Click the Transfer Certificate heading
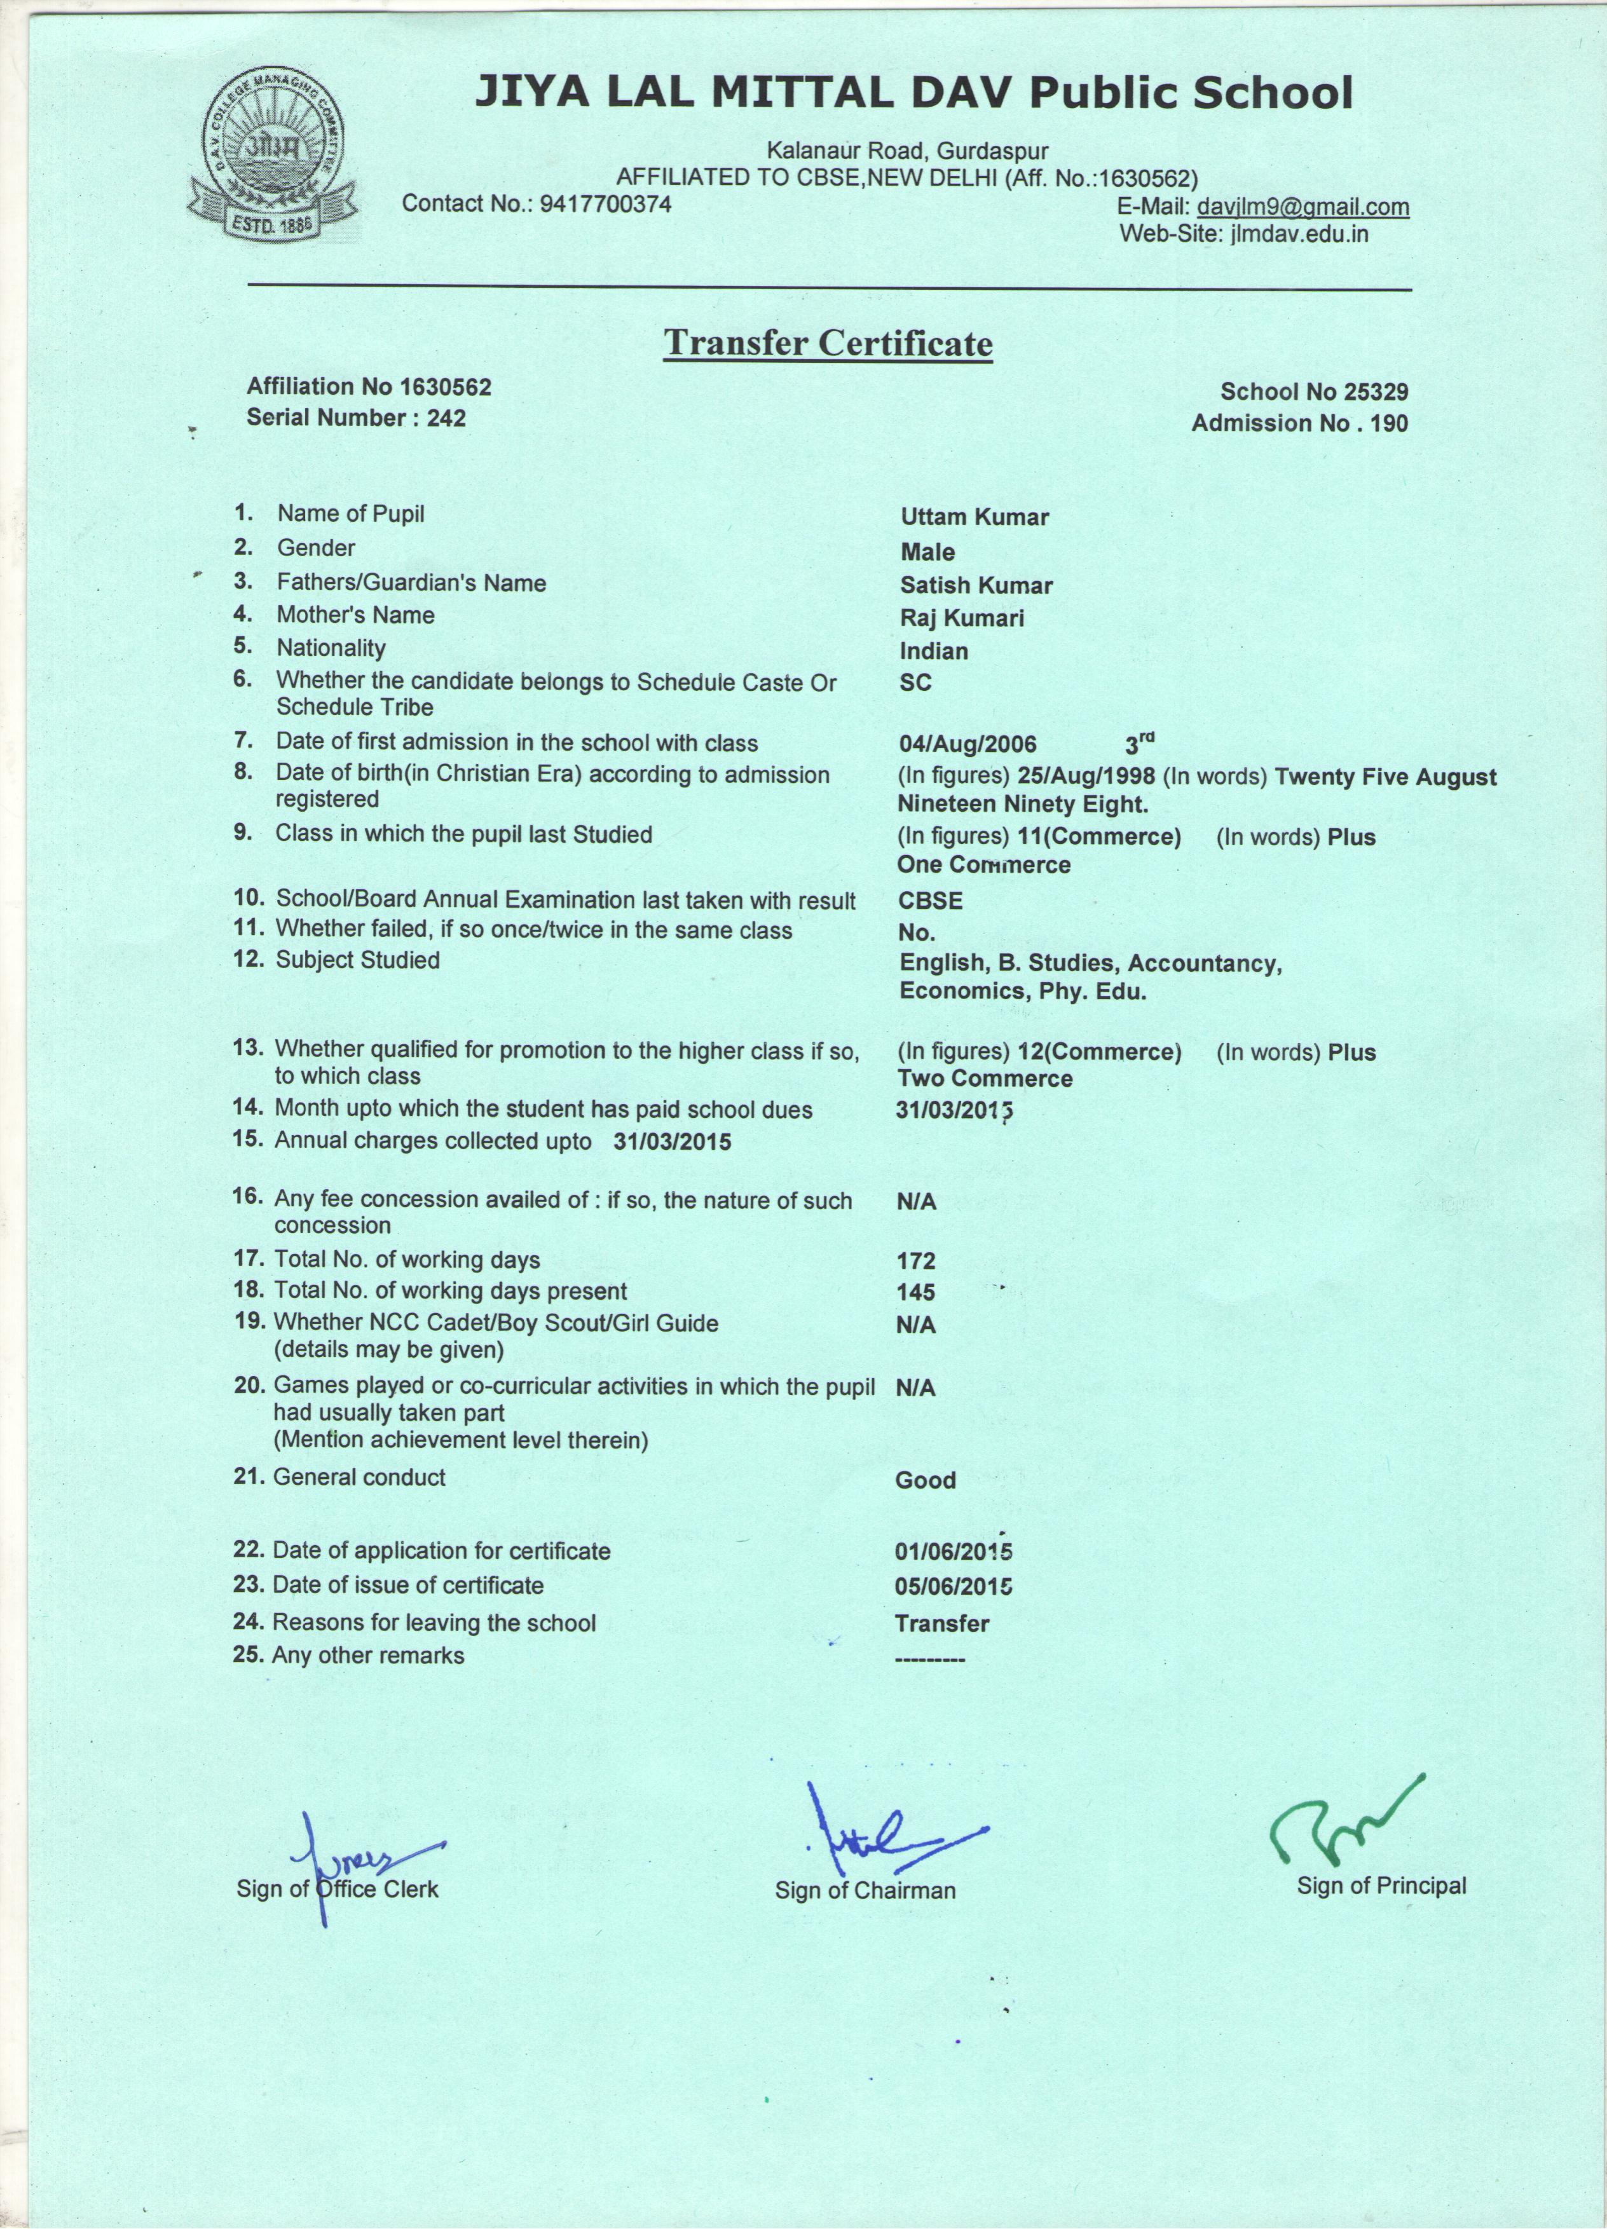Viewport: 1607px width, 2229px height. click(x=828, y=343)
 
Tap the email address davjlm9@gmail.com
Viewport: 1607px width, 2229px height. click(x=1303, y=207)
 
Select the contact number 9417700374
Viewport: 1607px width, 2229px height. click(x=606, y=205)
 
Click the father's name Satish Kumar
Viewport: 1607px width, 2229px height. click(x=976, y=586)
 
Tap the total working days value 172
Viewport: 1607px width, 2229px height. click(x=916, y=1261)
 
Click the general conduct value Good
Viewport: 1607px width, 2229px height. click(x=925, y=1480)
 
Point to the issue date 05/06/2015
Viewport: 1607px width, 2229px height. click(x=954, y=1587)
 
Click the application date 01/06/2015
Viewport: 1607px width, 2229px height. click(x=954, y=1553)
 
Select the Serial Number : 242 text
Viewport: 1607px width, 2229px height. click(x=356, y=418)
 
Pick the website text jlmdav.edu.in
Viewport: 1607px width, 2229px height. click(x=1292, y=234)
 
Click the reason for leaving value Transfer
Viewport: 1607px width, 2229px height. click(x=941, y=1623)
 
